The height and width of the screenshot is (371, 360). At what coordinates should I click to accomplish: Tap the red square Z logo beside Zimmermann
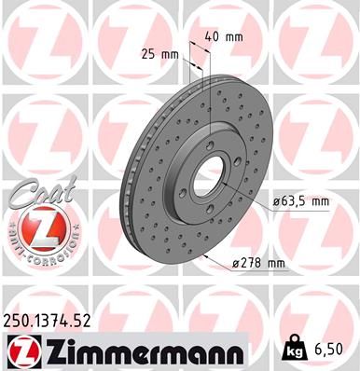(x=24, y=350)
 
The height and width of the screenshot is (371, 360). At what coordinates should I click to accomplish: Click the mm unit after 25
(x=170, y=53)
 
